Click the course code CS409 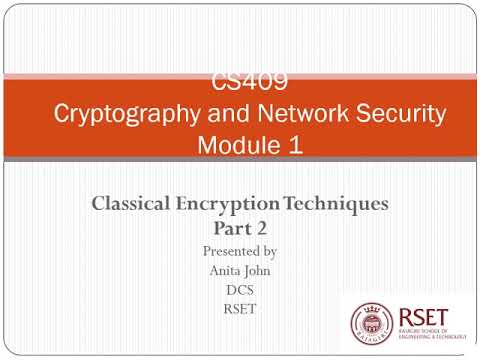239,82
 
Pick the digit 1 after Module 293,144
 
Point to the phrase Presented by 239,250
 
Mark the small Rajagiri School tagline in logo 430,336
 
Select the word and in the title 228,113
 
